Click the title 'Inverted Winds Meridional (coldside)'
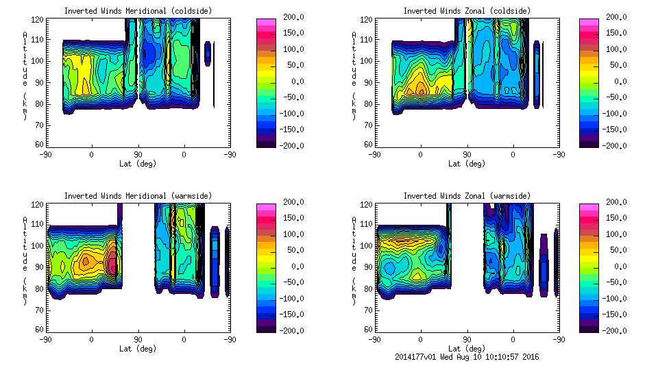[x=138, y=11]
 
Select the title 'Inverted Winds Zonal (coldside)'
[x=467, y=11]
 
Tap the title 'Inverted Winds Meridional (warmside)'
[x=138, y=196]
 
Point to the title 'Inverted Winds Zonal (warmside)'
[x=467, y=196]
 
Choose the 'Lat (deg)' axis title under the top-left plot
[x=137, y=164]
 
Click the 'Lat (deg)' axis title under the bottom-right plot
[x=466, y=349]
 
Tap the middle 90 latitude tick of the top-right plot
[x=467, y=154]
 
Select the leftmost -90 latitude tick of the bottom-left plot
[x=45, y=339]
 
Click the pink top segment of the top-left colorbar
[x=266, y=22]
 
